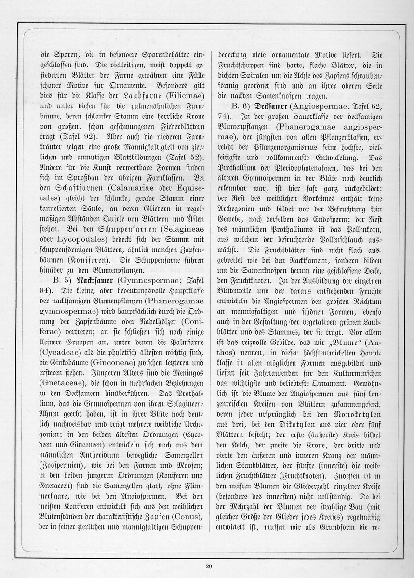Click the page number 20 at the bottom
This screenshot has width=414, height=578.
pos(208,566)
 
